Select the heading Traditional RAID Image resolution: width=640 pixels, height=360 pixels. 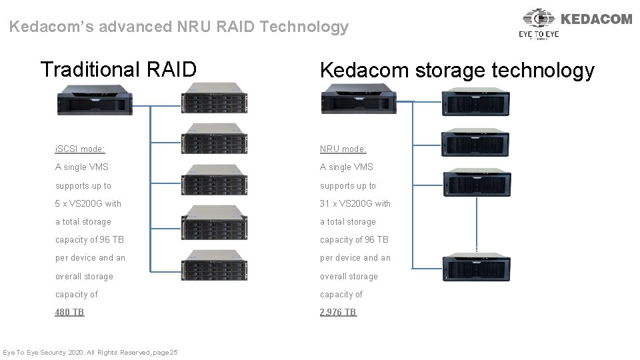tap(119, 69)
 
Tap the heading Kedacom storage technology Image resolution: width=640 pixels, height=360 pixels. tap(457, 71)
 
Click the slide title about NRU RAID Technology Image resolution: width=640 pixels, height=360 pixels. tap(179, 27)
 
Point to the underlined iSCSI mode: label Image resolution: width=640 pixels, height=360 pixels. tap(80, 149)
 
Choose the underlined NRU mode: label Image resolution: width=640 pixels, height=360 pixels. tap(343, 149)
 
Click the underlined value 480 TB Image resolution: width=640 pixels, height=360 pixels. tap(69, 312)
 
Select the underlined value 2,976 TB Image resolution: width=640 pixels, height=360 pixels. tap(338, 312)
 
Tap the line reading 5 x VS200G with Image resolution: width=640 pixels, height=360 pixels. tap(88, 203)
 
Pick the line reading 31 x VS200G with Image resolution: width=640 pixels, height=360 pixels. tap(355, 203)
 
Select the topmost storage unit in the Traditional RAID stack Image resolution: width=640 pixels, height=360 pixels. tap(214, 98)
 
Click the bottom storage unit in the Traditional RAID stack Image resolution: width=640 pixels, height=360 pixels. tap(214, 265)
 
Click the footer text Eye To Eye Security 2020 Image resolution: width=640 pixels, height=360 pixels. tap(90, 352)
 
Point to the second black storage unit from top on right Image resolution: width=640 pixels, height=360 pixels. tap(477, 142)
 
